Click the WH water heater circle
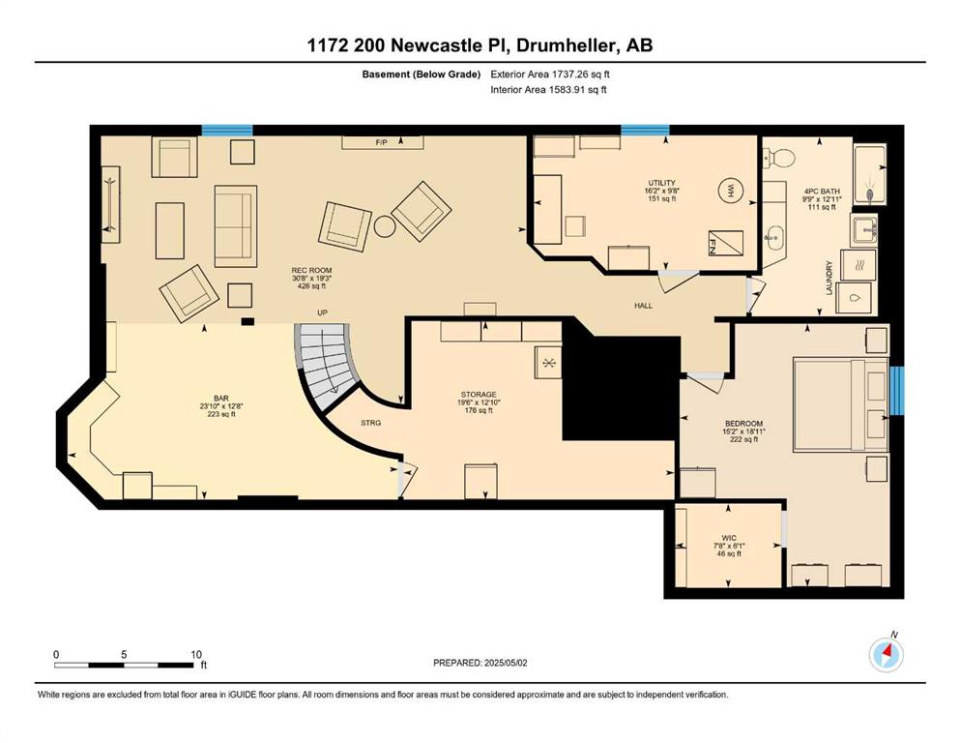[x=730, y=191]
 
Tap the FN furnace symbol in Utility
[x=725, y=243]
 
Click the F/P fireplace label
[x=382, y=143]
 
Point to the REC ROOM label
[x=311, y=270]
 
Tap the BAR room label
[x=221, y=399]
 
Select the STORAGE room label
[x=479, y=395]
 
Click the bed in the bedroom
[x=841, y=405]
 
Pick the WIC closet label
[x=729, y=538]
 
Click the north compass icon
[x=887, y=655]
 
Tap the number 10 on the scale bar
[x=196, y=654]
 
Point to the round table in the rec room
[x=385, y=226]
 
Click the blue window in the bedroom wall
[x=897, y=391]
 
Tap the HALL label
[x=644, y=305]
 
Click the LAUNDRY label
[x=829, y=278]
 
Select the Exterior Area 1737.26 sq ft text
[x=550, y=74]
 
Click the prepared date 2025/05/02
[x=506, y=663]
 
